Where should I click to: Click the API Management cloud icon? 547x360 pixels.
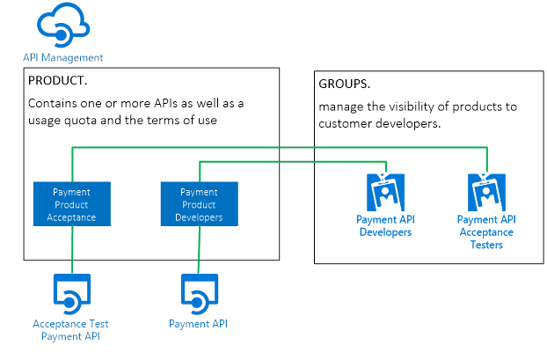(x=62, y=25)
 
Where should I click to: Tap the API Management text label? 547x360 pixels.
(x=62, y=57)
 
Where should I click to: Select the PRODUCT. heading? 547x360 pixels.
(x=58, y=80)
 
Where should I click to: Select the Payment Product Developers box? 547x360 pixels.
(x=200, y=204)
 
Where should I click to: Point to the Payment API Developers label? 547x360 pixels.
(x=385, y=225)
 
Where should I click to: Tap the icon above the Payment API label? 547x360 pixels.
(x=198, y=293)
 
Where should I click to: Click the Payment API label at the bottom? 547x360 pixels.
(x=198, y=324)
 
